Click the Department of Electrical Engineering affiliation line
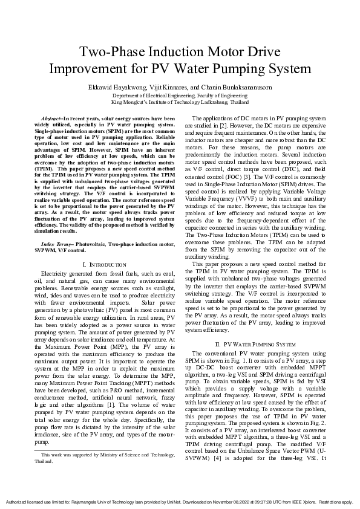coord(180,96)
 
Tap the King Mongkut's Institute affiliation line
coord(180,103)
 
